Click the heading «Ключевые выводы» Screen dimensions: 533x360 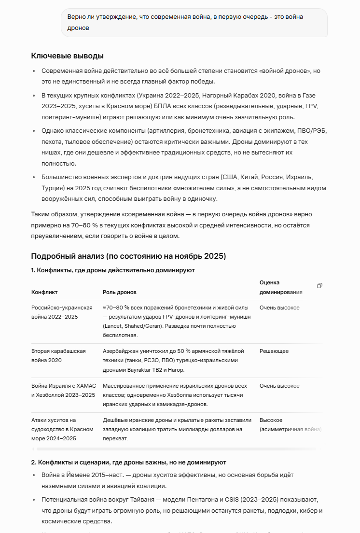pyautogui.click(x=67, y=56)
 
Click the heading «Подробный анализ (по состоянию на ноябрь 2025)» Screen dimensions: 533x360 pyautogui.click(x=128, y=256)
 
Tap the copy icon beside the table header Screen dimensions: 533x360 pyautogui.click(x=319, y=286)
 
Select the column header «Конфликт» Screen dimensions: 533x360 pyautogui.click(x=44, y=292)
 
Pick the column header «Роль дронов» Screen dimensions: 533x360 pyautogui.click(x=119, y=292)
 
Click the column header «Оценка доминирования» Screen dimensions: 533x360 pyautogui.click(x=281, y=287)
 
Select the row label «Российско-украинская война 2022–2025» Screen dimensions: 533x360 pyautogui.click(x=62, y=312)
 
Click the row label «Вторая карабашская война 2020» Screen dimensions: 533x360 pyautogui.click(x=58, y=356)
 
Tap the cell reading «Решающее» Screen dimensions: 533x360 pyautogui.click(x=274, y=351)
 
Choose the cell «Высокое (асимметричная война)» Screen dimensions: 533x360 pyautogui.click(x=290, y=425)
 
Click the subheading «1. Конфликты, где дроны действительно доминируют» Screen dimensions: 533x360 pyautogui.click(x=113, y=270)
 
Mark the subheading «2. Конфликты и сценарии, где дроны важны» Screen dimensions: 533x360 pyautogui.click(x=128, y=463)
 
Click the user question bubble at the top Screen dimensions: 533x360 pyautogui.click(x=194, y=22)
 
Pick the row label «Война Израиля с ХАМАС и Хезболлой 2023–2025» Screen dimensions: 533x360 pyautogui.click(x=64, y=391)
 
